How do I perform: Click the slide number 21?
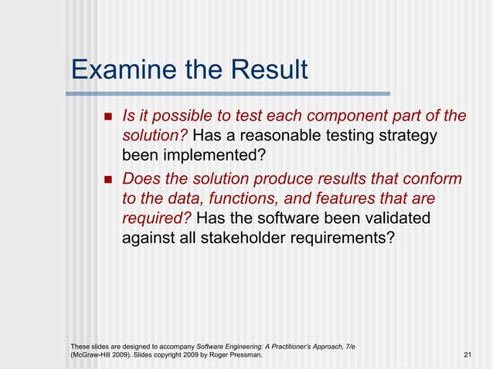click(467, 354)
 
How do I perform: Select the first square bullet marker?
click(107, 117)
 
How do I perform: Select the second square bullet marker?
click(107, 180)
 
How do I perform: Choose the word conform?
click(433, 179)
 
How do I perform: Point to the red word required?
click(155, 219)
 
